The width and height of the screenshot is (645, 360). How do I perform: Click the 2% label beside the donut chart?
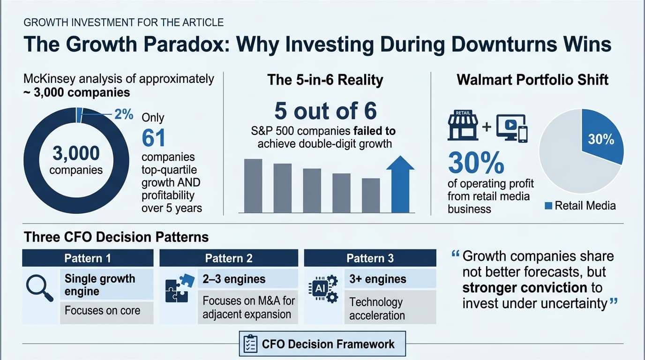124,114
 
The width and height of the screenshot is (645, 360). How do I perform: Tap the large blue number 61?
153,138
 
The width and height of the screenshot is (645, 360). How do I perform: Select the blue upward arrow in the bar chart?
400,184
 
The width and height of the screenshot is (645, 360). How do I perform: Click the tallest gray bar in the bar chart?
253,186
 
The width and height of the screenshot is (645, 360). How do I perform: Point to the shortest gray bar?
371,195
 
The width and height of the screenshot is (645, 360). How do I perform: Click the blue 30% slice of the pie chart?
600,138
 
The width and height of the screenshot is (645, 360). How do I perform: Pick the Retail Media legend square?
548,206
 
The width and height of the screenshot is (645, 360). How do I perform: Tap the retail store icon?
463,125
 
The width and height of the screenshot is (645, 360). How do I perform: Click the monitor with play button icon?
512,128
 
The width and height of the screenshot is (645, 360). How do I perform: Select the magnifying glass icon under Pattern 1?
40,288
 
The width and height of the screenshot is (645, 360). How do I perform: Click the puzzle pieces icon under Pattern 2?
180,288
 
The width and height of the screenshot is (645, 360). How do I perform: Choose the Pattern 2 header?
229,258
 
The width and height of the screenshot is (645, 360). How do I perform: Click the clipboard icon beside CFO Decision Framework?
250,344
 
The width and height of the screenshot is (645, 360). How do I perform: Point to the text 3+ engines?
378,279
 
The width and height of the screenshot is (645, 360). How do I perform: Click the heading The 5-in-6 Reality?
325,80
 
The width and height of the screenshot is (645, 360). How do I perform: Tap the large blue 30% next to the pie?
476,163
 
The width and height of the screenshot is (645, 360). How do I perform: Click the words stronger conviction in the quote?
525,288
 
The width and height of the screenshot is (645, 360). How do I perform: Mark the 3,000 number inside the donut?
76,153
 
